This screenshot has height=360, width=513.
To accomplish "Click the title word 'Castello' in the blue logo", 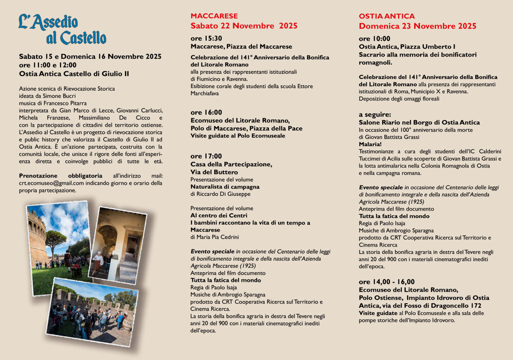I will [x=83, y=38].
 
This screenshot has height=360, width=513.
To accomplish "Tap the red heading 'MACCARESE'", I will [x=214, y=16].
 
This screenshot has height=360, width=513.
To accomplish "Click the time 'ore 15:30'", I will [x=206, y=38].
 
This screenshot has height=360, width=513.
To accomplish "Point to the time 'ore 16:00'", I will [x=206, y=112].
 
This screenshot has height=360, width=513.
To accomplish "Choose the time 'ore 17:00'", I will [x=206, y=156].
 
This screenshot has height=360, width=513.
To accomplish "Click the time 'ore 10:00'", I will [x=374, y=38].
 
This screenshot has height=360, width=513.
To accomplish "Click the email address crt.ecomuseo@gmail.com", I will [x=51, y=183].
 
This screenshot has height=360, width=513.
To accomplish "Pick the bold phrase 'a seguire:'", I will [x=375, y=114].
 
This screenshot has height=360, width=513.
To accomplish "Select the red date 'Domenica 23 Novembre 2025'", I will [x=418, y=26].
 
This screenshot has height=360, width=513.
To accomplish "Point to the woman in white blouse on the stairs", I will [x=97, y=262].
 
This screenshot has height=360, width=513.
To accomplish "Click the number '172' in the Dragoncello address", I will [x=472, y=306].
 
